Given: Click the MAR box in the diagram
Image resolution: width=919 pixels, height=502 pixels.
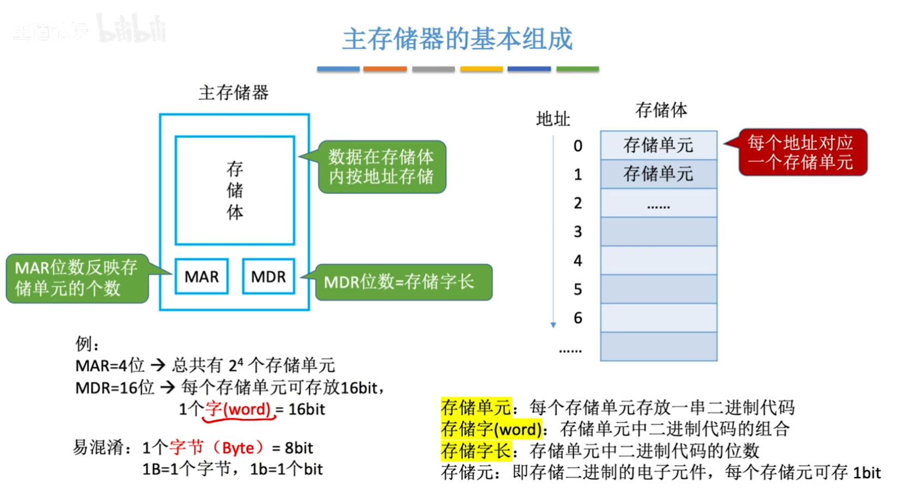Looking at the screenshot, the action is [x=202, y=277].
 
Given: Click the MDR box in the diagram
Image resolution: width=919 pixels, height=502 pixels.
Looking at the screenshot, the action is [x=269, y=277].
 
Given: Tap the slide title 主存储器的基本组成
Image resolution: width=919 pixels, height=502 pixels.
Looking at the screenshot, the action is [x=458, y=39].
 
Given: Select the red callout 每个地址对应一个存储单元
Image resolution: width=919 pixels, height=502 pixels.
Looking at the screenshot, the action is [x=802, y=152].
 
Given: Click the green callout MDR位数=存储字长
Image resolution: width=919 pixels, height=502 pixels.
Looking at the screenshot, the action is [x=403, y=282].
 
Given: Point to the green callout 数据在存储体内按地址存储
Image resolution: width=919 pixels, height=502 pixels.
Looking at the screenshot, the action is [x=381, y=167].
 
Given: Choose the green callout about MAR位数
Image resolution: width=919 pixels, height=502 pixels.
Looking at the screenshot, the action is [x=77, y=278].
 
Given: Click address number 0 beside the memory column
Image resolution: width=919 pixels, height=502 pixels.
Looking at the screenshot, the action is [x=578, y=146].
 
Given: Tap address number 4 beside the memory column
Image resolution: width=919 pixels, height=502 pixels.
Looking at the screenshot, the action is [x=578, y=261].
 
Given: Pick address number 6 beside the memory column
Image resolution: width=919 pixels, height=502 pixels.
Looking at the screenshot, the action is [x=578, y=318].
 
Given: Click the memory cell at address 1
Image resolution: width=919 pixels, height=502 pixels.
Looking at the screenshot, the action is [x=659, y=174].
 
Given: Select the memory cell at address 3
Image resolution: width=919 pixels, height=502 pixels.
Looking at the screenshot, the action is [x=659, y=232].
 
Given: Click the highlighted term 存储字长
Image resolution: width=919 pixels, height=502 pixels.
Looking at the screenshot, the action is [x=476, y=451].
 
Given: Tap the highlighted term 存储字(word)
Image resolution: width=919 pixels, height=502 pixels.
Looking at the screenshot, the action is [x=492, y=429].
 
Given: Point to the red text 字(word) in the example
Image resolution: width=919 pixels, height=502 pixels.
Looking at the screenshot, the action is [x=238, y=409].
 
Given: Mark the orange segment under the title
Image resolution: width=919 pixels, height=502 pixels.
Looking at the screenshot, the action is [x=385, y=69].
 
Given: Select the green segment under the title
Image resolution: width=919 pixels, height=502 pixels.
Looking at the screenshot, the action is [x=577, y=69].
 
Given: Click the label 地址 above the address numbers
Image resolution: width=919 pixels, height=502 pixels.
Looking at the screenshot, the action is [x=553, y=119].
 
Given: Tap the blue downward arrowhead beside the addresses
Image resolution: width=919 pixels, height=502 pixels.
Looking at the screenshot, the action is [x=553, y=325].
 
